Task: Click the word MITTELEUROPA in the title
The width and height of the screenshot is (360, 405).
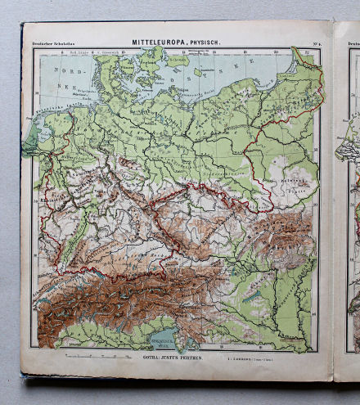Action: click(157, 41)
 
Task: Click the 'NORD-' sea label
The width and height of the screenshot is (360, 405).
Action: click(62, 71)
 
